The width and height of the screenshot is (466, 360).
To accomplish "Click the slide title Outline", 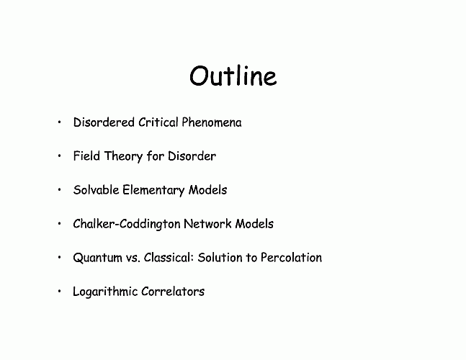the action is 233,76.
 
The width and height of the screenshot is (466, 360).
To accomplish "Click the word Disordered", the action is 104,122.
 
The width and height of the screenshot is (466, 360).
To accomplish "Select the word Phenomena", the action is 212,122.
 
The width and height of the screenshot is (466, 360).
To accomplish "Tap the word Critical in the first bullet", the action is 158,122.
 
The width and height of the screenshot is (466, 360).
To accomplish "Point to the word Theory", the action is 123,157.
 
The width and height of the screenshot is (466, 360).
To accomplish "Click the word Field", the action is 86,156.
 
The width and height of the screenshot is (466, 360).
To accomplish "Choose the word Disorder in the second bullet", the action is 192,156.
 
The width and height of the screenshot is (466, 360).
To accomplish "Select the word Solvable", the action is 96,190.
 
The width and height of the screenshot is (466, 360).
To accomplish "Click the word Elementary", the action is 153,191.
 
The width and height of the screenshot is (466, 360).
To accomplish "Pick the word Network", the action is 207,224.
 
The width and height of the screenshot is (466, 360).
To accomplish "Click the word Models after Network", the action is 254,224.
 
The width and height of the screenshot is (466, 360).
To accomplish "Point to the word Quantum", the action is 97,258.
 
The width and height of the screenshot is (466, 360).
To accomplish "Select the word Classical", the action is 169,258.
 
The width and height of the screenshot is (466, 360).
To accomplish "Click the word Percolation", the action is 291,258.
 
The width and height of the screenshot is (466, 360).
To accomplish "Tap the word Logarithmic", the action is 105,292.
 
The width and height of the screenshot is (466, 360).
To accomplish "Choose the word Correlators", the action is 173,292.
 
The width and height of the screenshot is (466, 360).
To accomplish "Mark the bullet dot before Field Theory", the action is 60,156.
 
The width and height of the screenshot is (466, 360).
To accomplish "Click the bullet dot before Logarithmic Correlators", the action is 60,291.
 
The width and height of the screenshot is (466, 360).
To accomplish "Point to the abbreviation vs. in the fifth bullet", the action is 133,258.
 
